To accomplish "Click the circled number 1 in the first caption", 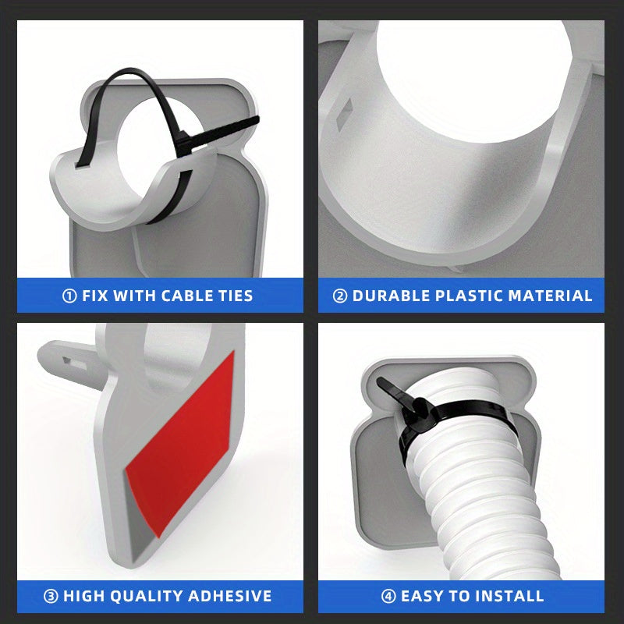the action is [69, 296].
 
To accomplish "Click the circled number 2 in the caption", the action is [340, 296].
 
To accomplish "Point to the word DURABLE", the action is [391, 296].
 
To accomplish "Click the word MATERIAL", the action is [551, 296].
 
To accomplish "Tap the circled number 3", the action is [51, 596].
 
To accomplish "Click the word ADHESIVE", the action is [229, 596].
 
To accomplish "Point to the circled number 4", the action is [388, 596].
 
